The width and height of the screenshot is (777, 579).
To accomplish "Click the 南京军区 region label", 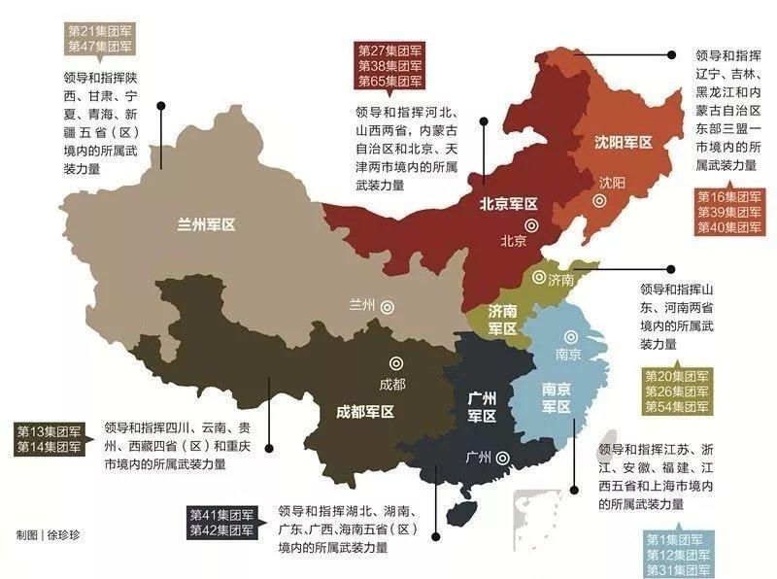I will tap(556, 398).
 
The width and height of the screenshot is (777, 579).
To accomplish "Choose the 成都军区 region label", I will tap(358, 411).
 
